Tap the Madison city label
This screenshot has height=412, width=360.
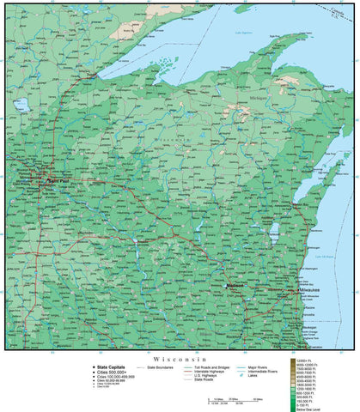(x=235, y=285)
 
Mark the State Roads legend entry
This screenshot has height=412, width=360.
(x=210, y=380)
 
